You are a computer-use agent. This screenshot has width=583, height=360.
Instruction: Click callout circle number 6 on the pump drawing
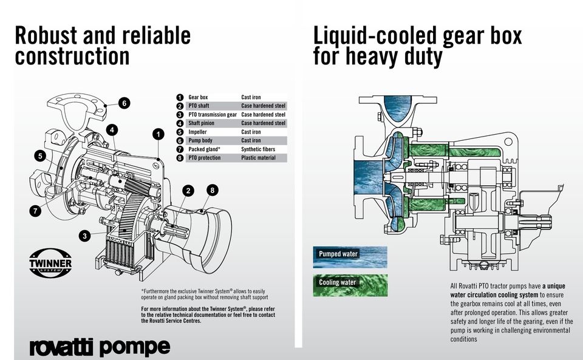coord(124,103)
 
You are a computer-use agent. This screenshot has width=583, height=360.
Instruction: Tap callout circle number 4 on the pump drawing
coord(112,130)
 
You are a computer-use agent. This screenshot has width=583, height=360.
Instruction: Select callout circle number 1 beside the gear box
coord(159,134)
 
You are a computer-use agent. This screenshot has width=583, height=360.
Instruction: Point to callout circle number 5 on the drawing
coord(40,155)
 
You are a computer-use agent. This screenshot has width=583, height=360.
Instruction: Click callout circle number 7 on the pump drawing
coord(35,211)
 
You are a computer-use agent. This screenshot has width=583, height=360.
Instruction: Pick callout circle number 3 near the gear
coord(85,236)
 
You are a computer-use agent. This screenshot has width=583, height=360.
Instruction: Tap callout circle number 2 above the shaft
coord(188,191)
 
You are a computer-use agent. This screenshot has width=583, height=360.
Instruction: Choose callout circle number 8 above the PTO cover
coord(213,190)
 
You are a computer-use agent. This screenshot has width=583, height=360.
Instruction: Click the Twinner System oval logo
coord(50,263)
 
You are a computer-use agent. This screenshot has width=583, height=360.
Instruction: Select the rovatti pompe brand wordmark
coord(100,347)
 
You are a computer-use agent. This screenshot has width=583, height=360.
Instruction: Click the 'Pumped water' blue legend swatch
coord(350,257)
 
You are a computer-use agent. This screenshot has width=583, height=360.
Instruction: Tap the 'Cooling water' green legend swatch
coord(350,285)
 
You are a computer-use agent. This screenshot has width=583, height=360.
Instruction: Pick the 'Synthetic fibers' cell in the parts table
coord(258,149)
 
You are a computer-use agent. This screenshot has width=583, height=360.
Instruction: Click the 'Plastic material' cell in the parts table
coord(259,158)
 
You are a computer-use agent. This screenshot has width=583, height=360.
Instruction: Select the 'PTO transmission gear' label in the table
coord(213,115)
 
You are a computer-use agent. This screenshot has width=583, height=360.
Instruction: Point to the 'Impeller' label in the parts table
coord(197,132)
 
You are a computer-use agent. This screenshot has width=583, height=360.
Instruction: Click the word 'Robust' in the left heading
coord(46,36)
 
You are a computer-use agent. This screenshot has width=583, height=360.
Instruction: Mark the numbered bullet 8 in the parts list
coord(180,158)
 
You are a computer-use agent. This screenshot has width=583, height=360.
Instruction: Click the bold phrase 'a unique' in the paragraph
coord(554,286)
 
